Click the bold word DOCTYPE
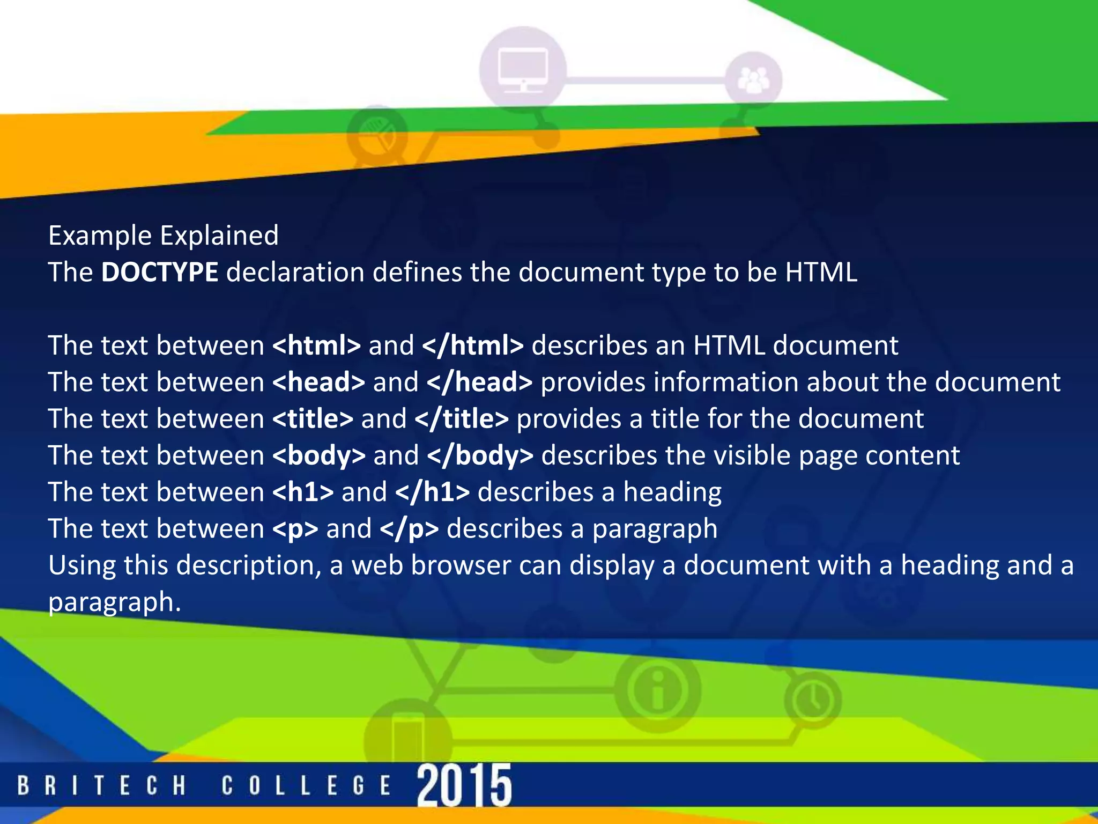click(x=159, y=272)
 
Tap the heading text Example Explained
click(x=164, y=236)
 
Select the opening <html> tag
click(x=316, y=345)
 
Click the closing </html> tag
click(x=472, y=345)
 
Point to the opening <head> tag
click(x=318, y=382)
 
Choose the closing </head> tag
click(x=479, y=382)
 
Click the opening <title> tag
click(x=313, y=418)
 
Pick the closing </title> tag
click(x=461, y=418)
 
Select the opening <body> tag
click(x=318, y=455)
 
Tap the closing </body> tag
click(x=480, y=455)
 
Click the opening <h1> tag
click(x=303, y=492)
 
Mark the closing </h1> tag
click(x=432, y=492)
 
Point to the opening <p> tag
click(x=295, y=529)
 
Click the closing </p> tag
click(x=409, y=529)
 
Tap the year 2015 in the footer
click(x=464, y=785)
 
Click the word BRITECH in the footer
click(x=102, y=786)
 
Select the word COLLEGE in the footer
click(x=306, y=786)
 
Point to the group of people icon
click(x=753, y=80)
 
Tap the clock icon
click(x=813, y=700)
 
